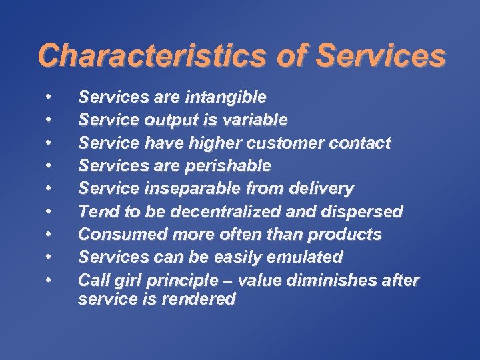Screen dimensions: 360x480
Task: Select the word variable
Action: click(255, 121)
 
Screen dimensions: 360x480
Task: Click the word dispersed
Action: click(365, 212)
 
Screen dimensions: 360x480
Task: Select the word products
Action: click(351, 235)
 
